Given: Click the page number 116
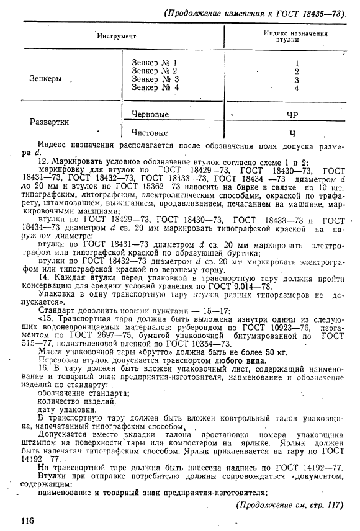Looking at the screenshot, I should tap(27, 519).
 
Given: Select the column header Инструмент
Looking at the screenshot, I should tap(116, 36).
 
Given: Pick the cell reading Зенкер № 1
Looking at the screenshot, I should tap(155, 63).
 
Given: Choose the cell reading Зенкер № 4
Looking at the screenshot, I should tap(155, 88).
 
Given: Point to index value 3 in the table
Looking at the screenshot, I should tap(297, 79).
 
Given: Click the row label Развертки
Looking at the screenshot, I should tap(49, 122).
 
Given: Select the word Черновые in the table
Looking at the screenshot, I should tap(150, 114).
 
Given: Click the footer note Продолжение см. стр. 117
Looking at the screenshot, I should tap(289, 504).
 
